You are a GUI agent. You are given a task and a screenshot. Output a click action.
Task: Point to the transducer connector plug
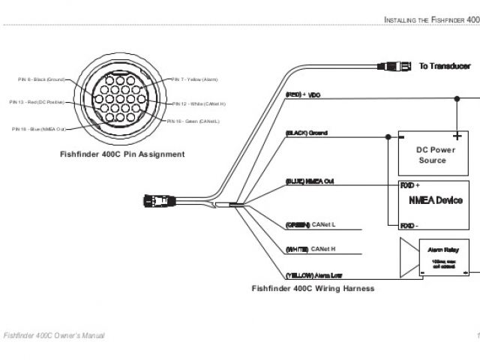click(x=395, y=67)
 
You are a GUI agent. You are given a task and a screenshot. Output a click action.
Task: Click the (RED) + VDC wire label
click(x=303, y=95)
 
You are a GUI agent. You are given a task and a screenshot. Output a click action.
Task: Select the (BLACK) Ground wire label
click(x=307, y=133)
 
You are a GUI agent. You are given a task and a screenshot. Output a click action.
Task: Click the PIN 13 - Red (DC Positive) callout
click(x=37, y=102)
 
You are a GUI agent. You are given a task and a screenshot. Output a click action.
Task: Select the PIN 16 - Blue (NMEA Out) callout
click(x=38, y=129)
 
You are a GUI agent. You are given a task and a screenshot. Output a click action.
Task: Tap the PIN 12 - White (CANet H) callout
click(x=198, y=103)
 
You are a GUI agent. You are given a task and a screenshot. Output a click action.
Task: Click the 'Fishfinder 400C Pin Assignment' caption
click(x=122, y=154)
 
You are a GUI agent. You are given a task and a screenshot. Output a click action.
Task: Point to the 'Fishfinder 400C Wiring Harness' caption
click(x=313, y=288)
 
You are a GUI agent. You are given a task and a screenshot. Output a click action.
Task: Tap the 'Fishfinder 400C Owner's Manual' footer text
click(x=54, y=334)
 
